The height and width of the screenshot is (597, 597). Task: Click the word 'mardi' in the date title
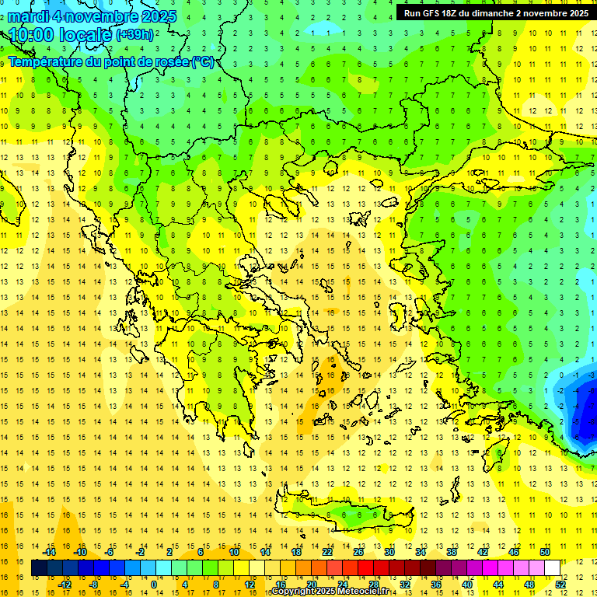[x=30, y=16]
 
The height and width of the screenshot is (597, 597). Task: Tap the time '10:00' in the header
[x=32, y=34]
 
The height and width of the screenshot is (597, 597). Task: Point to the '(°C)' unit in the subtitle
[x=201, y=61]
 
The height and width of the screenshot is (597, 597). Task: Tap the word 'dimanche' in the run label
[x=496, y=13]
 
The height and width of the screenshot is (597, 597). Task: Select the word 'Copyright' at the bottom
[x=293, y=592]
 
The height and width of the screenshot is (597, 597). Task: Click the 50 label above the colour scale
[x=544, y=552]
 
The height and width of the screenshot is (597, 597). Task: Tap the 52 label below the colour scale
[x=560, y=585]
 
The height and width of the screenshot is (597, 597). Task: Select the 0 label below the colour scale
[x=154, y=585]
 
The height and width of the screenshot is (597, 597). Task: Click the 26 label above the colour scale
[x=358, y=552]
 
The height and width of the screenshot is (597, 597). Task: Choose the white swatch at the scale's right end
[x=552, y=568]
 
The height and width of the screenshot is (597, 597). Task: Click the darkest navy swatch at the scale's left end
[x=40, y=568]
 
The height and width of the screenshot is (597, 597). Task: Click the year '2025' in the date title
[x=155, y=16]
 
